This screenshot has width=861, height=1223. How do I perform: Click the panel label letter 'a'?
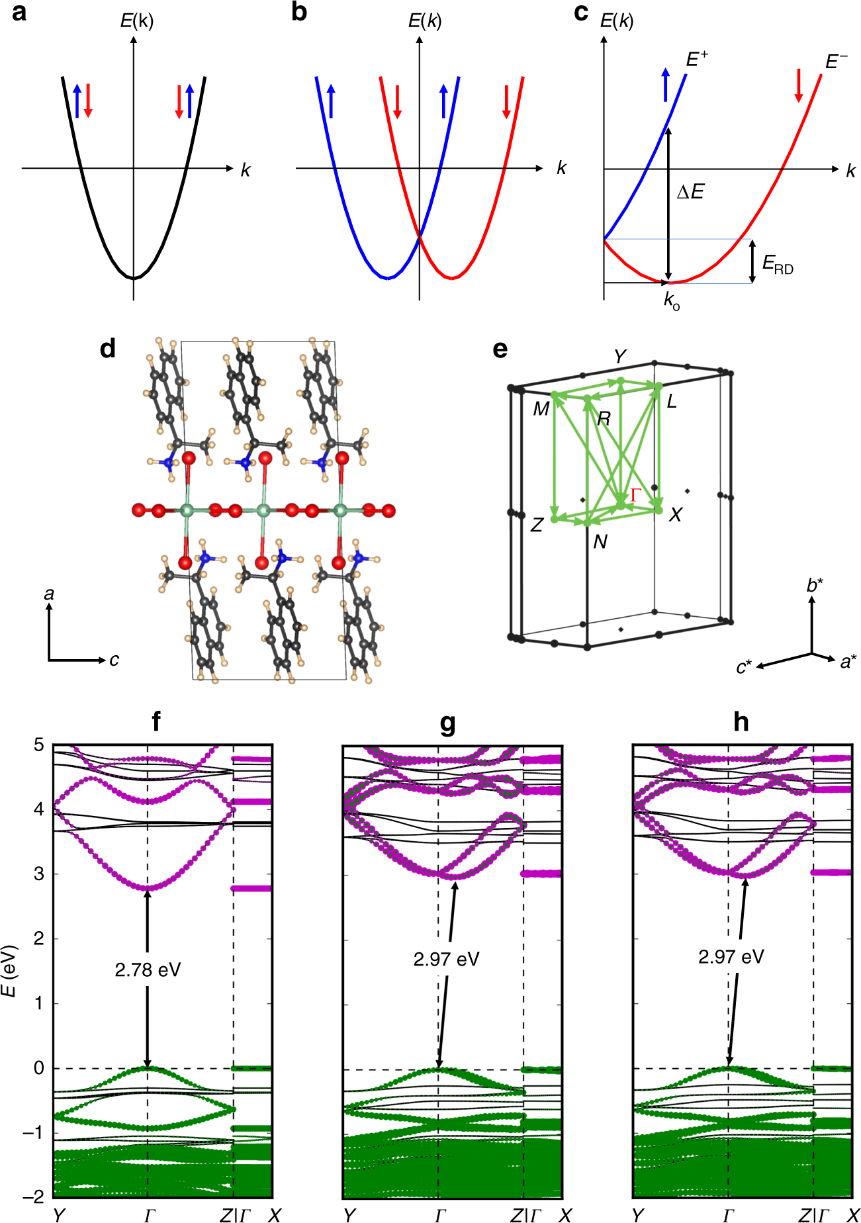pos(19,13)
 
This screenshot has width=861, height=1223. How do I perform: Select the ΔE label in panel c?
pos(690,193)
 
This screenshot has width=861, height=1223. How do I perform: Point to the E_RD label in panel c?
pos(777,264)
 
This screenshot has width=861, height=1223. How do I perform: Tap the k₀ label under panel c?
pos(671,301)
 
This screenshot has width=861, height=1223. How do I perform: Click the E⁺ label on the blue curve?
pos(696,60)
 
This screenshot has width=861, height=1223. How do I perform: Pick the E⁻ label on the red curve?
pos(836,62)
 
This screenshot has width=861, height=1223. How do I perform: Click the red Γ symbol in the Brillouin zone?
pos(636,494)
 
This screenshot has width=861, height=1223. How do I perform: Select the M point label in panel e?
pos(541,410)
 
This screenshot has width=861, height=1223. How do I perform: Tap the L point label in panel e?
pos(672,402)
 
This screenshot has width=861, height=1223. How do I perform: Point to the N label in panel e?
pos(600,542)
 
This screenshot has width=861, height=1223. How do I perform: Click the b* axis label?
pos(815,586)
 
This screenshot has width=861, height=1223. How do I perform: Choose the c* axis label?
pos(744,667)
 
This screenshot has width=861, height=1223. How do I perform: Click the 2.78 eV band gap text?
pos(148,970)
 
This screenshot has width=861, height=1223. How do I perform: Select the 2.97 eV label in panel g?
pos(446,959)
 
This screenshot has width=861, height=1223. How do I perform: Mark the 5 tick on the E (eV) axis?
pos(39,745)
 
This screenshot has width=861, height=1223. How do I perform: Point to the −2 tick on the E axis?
pos(34,1197)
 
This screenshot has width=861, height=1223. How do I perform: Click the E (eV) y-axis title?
pos(9,971)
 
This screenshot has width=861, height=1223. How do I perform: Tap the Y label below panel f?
pos(59,1214)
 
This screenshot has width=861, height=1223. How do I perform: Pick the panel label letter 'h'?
pos(741,722)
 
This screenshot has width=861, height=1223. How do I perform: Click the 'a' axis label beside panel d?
pos(49,594)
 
